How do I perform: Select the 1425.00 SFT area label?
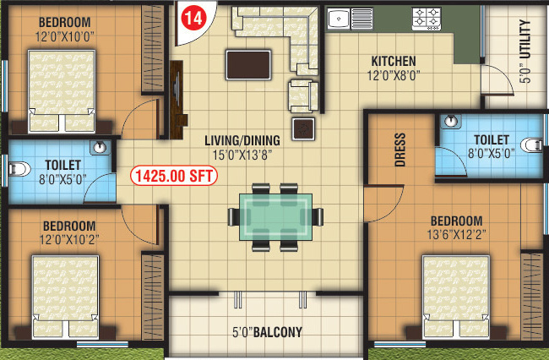pyautogui.click(x=174, y=177)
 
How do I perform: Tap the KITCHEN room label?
pyautogui.click(x=393, y=61)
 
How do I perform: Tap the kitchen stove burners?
pyautogui.click(x=427, y=16)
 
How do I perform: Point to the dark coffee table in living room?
pyautogui.click(x=248, y=64)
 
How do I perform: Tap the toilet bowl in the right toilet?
pyautogui.click(x=531, y=144)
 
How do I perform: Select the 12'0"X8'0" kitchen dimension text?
pyautogui.click(x=393, y=74)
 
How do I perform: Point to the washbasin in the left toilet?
pyautogui.click(x=101, y=147)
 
